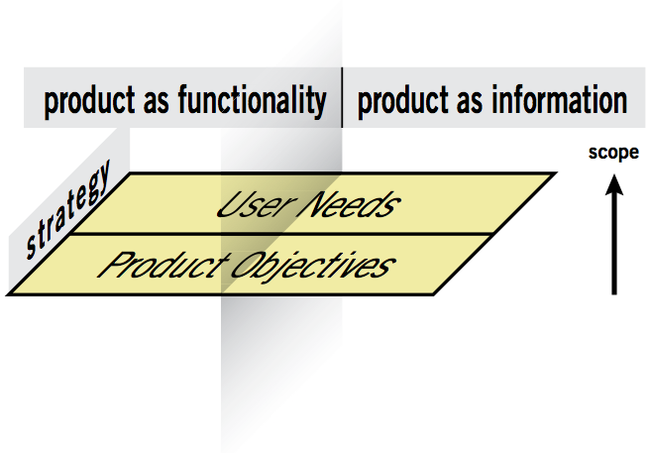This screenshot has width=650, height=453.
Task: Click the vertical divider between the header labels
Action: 342,98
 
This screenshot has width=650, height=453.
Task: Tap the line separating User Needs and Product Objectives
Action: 297,234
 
